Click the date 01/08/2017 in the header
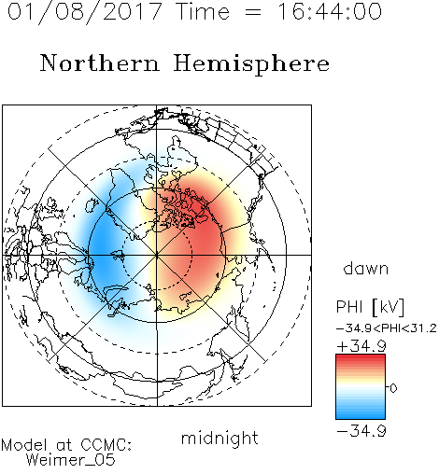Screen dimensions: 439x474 coord(85,12)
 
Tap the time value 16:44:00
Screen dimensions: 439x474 coord(330,12)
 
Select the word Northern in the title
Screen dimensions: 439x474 coord(100,63)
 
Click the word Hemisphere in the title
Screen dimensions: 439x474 coord(251,64)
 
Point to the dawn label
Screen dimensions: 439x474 coord(366,269)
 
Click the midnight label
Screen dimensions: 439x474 coord(219,439)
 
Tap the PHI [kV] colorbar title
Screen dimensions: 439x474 coord(370,307)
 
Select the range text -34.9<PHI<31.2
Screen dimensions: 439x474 coord(387,328)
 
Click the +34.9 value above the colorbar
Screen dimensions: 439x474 coord(361,346)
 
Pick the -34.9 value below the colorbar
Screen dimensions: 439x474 coord(361,431)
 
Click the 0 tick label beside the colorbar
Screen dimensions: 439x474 coord(393,388)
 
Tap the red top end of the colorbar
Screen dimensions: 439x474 coord(361,357)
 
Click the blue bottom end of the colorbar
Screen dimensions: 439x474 coord(361,416)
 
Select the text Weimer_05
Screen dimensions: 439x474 coord(71,460)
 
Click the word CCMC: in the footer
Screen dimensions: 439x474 coord(106,445)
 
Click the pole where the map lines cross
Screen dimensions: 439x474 coord(157,255)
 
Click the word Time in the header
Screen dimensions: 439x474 coord(203,12)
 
